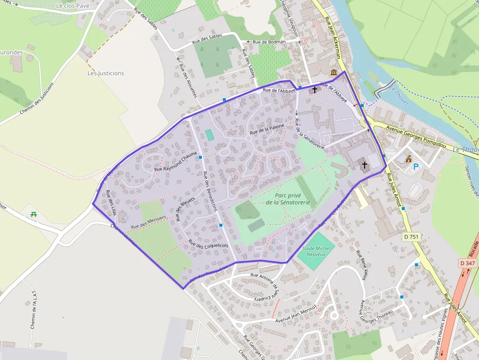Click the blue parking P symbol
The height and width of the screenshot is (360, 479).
click(x=416, y=167)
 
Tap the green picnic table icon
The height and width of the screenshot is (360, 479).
click(x=34, y=214)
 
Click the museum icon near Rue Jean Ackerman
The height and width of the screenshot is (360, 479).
click(x=334, y=73)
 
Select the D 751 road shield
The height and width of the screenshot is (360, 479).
click(x=412, y=237)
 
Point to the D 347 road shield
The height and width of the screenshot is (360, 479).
click(x=467, y=263)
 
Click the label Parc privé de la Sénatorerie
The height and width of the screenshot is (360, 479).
click(x=288, y=198)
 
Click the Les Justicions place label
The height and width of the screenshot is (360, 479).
click(x=106, y=73)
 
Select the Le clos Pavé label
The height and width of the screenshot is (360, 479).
click(x=73, y=6)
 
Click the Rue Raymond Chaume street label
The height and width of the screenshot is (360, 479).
click(x=175, y=162)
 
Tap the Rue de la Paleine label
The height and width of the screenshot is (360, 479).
click(x=267, y=129)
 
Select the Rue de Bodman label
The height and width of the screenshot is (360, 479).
click(x=269, y=42)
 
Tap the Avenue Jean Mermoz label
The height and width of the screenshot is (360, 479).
click(x=296, y=314)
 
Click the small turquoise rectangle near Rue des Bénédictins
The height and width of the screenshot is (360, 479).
click(x=210, y=135)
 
